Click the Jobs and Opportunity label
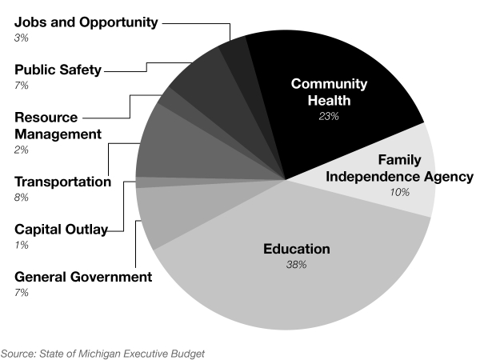click(x=86, y=22)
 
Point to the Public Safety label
click(x=58, y=70)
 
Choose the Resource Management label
click(x=58, y=125)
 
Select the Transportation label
click(x=62, y=182)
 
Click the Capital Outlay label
click(x=61, y=230)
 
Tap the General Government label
click(x=82, y=277)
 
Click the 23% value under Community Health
click(x=328, y=116)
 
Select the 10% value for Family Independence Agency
click(x=399, y=193)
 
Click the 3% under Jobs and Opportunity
click(x=21, y=38)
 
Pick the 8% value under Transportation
click(x=21, y=197)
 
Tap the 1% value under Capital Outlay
click(x=21, y=245)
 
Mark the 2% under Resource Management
click(x=21, y=150)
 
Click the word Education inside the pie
click(x=297, y=250)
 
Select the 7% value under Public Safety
click(x=21, y=85)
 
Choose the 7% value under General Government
click(x=21, y=293)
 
